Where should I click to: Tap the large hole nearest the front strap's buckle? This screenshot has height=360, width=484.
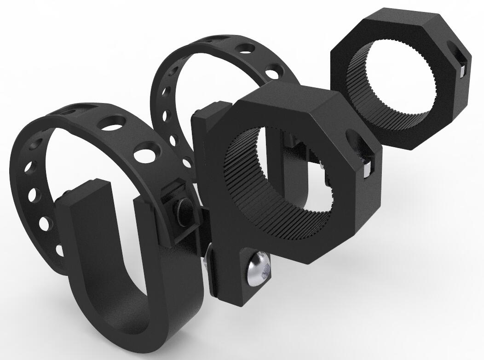pyautogui.click(x=148, y=151)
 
